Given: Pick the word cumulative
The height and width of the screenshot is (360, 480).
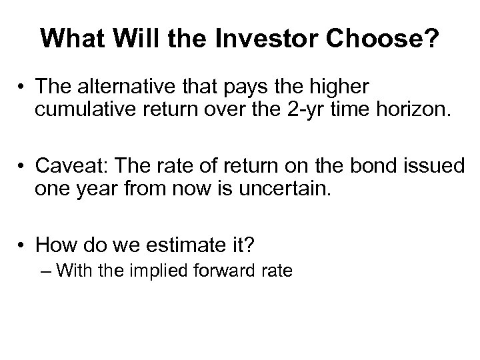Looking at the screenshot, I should [86, 109].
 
